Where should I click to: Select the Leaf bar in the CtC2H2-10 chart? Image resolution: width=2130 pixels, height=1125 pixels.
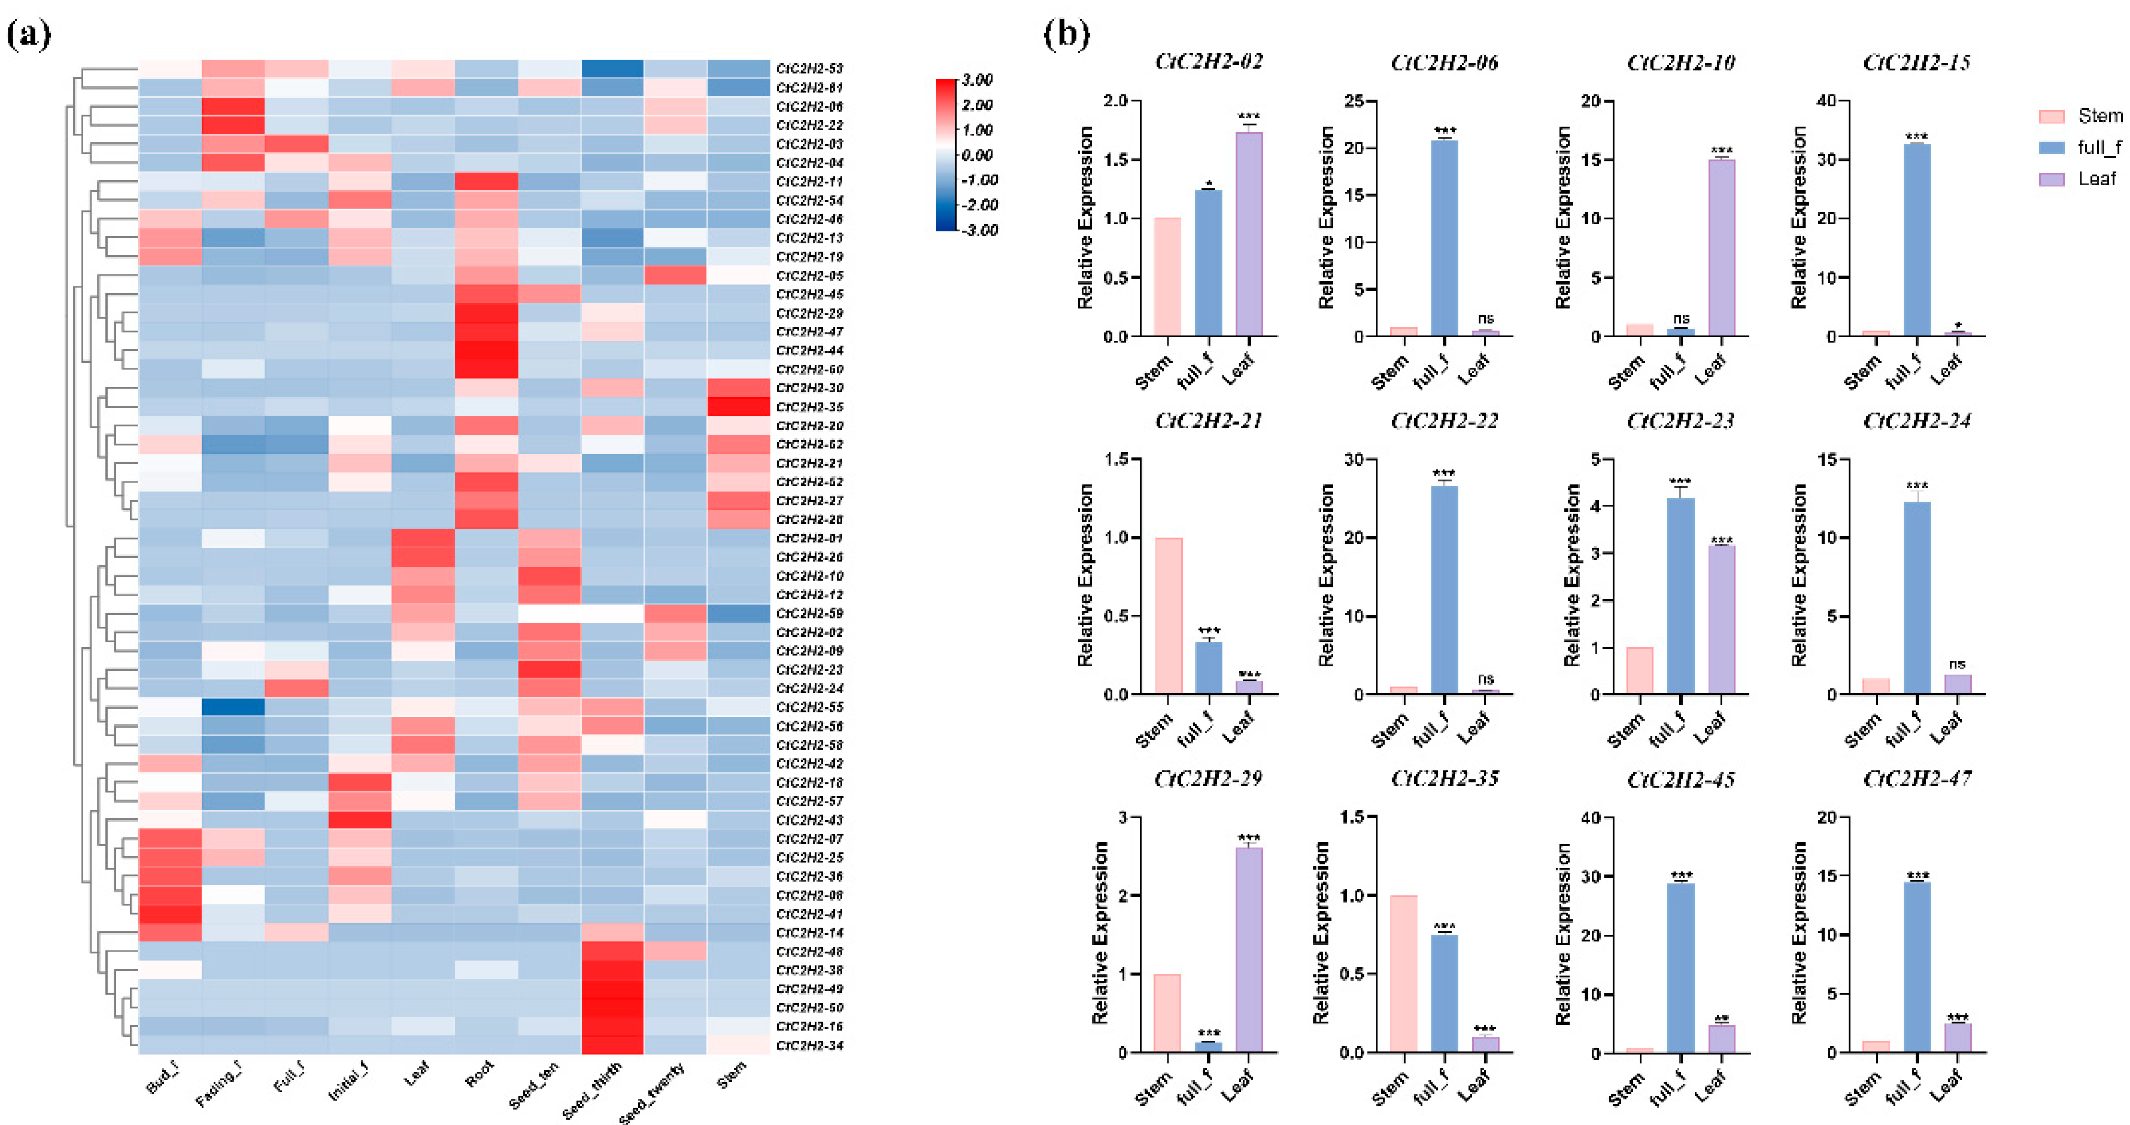coord(1721,248)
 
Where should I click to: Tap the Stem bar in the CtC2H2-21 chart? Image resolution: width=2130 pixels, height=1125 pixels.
coord(1168,616)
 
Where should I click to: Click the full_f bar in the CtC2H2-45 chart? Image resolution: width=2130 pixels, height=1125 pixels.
coord(1680,968)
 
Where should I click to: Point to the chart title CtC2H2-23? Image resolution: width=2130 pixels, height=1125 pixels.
coord(1680,421)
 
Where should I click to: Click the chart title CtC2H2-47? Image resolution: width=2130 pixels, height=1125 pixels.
coord(1917,779)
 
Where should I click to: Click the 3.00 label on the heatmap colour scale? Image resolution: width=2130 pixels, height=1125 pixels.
coord(976,80)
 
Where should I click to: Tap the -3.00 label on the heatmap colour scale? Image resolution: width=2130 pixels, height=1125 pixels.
coord(979,230)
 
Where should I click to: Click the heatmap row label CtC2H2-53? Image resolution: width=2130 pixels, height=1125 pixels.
coord(809,69)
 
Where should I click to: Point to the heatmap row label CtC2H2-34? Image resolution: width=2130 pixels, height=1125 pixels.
coord(809,1046)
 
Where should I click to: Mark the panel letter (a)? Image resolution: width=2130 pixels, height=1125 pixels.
coord(29,35)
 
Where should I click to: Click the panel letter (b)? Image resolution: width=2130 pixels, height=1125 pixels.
coord(1066,35)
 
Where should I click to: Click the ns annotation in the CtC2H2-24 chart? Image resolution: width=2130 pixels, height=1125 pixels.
coord(1956,664)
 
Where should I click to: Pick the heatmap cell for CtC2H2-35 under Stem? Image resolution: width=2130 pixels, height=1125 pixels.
coord(738,407)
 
